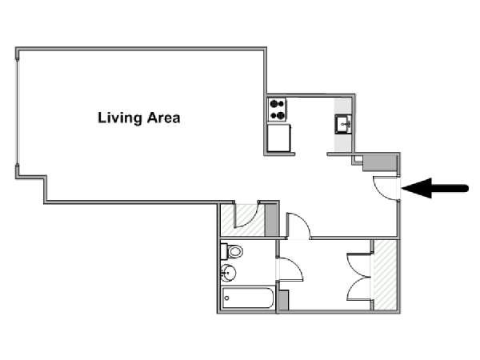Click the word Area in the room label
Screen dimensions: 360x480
point(162,118)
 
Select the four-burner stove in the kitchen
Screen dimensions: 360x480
point(278,109)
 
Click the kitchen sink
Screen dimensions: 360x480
point(342,124)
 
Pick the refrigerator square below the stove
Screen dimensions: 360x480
point(278,138)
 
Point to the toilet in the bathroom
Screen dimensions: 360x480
point(233,251)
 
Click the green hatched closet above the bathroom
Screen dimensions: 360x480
point(240,221)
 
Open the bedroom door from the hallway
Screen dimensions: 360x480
point(298,226)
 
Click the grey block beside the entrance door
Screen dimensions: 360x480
point(385,164)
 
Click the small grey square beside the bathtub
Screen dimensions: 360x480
point(281,300)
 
